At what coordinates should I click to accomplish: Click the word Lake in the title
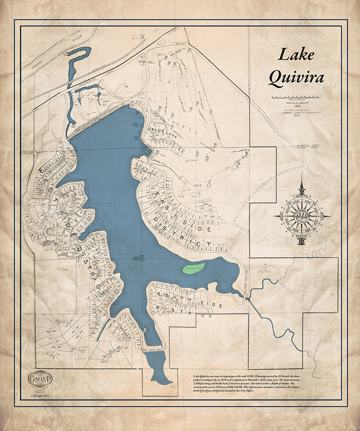pyautogui.click(x=296, y=55)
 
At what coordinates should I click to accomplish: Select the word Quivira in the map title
pyautogui.click(x=296, y=78)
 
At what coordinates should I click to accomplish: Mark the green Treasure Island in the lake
pyautogui.click(x=194, y=268)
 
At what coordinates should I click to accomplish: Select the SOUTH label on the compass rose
pyautogui.click(x=302, y=234)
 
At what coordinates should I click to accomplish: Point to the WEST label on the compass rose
pyautogui.click(x=282, y=216)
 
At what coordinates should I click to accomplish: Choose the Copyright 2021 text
pyautogui.click(x=40, y=396)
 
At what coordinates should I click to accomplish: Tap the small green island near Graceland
pyautogui.click(x=146, y=150)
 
